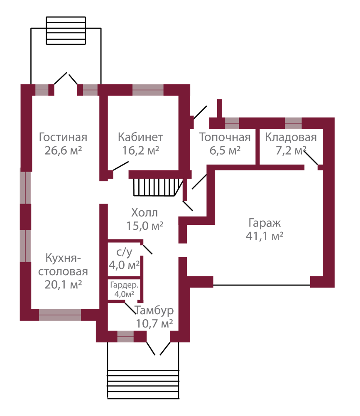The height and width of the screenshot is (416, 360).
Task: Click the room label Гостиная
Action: [63, 138]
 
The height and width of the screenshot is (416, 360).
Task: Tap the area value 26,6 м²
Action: [63, 150]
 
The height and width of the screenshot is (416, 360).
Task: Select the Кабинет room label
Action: [140, 138]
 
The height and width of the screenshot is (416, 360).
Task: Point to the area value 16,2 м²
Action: [141, 150]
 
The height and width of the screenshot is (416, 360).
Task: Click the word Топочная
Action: [225, 138]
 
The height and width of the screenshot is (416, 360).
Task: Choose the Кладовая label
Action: [291, 138]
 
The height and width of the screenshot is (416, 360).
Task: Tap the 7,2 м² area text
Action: [291, 150]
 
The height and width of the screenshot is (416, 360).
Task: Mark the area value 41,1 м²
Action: [264, 236]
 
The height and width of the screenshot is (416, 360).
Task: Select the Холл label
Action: [144, 213]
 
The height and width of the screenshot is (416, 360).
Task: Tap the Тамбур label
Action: [154, 310]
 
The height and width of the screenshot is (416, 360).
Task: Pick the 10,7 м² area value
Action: [154, 323]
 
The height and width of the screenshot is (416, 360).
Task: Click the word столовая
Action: [63, 272]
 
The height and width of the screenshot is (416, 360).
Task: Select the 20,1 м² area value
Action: [63, 285]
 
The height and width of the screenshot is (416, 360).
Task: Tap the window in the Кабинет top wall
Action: [148, 89]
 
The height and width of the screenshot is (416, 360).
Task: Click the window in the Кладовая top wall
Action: [293, 123]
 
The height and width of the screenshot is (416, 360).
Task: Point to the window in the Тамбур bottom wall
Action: [125, 336]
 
